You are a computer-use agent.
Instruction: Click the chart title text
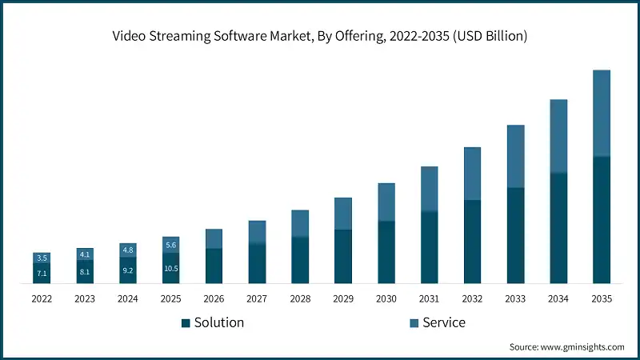click(x=320, y=37)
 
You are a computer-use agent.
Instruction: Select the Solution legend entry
click(x=213, y=322)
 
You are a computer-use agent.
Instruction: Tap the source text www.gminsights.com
click(x=567, y=346)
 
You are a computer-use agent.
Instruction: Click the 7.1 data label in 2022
click(x=42, y=274)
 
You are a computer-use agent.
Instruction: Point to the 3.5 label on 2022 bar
click(x=42, y=258)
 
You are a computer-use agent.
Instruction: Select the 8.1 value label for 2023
click(x=85, y=271)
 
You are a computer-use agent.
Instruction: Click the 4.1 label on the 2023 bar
click(x=85, y=254)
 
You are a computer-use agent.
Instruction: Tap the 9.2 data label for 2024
click(x=128, y=270)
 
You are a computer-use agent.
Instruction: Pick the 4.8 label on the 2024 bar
click(x=128, y=250)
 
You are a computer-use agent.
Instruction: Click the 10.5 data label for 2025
click(x=171, y=268)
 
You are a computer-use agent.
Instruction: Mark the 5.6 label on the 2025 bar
click(x=171, y=245)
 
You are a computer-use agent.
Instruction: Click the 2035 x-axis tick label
click(x=602, y=298)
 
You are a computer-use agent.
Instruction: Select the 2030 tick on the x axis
click(x=386, y=298)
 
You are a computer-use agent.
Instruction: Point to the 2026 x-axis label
click(x=214, y=298)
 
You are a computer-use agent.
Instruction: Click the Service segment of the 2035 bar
click(x=602, y=113)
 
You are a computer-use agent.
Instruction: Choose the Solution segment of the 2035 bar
click(x=602, y=219)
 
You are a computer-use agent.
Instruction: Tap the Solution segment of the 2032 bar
click(x=473, y=242)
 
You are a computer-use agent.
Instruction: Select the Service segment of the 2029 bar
click(x=343, y=214)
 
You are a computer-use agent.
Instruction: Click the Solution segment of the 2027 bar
click(x=257, y=263)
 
